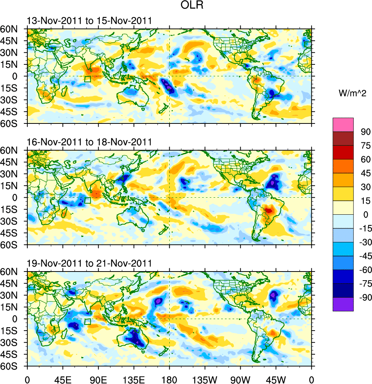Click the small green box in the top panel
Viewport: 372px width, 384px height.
click(88, 79)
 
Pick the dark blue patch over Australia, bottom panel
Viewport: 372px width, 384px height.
click(136, 338)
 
